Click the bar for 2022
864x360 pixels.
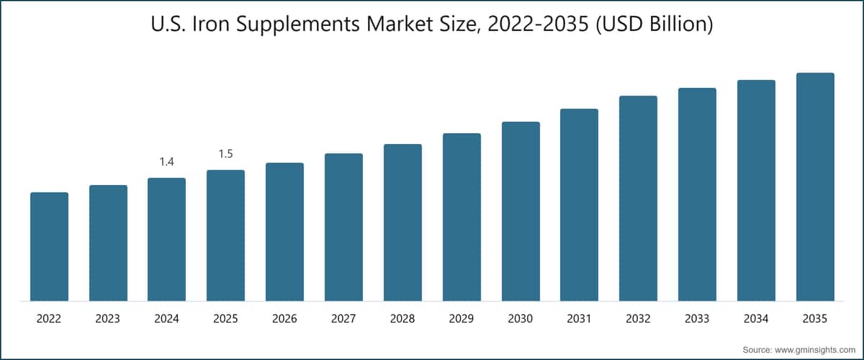pos(50,246)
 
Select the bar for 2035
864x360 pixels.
pos(815,186)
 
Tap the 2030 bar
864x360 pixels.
pos(521,212)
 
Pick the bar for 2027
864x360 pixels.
pos(343,228)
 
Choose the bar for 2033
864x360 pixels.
pos(697,194)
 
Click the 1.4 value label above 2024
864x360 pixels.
pos(166,162)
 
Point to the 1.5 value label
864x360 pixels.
pos(225,154)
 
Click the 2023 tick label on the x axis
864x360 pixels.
pos(107,319)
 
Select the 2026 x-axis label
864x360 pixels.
pos(284,319)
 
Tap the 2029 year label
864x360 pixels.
pos(462,319)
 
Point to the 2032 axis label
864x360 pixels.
pos(638,319)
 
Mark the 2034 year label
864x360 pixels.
pos(756,319)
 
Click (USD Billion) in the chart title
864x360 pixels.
pos(654,24)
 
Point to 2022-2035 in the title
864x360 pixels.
pos(538,24)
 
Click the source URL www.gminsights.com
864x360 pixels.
pos(815,350)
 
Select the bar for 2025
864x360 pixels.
pos(225,235)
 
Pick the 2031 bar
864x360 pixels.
pos(580,205)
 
